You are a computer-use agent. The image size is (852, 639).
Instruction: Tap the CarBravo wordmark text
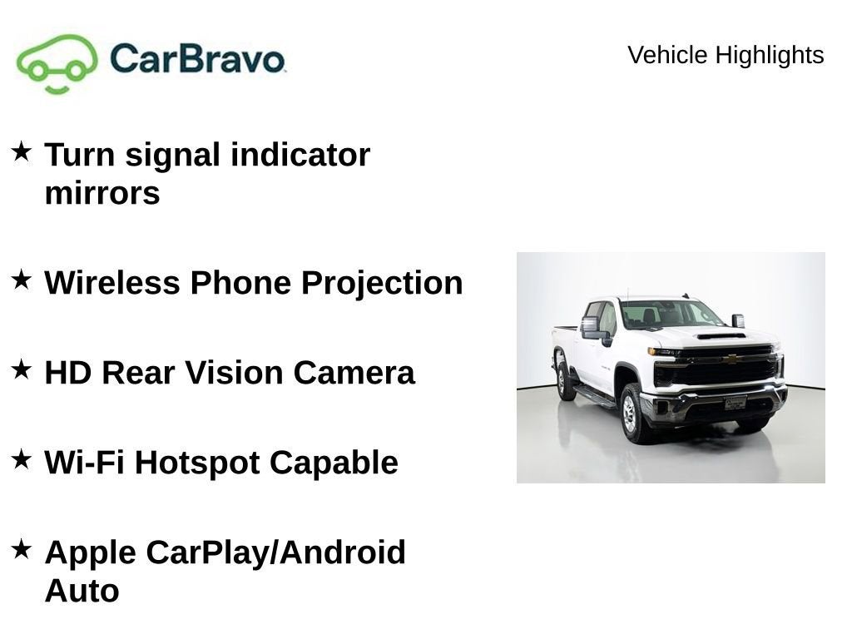[197, 59]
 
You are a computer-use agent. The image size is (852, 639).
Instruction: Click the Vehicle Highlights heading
[725, 55]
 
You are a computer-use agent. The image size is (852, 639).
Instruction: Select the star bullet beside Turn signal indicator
[22, 151]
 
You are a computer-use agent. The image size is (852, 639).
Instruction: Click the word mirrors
[102, 193]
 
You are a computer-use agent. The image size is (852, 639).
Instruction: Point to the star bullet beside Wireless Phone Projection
[22, 280]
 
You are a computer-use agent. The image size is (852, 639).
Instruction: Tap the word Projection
[381, 283]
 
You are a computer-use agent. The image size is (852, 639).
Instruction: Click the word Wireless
[112, 283]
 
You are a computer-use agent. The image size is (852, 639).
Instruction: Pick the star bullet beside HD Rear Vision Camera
[22, 369]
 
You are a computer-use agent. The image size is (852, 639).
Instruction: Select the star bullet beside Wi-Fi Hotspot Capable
[22, 458]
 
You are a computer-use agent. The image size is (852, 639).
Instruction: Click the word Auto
[82, 591]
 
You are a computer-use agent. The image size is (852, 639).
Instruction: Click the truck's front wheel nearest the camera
[630, 414]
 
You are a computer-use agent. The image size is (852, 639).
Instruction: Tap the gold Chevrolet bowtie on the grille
[731, 359]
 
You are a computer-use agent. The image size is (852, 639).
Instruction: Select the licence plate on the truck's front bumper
[735, 403]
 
